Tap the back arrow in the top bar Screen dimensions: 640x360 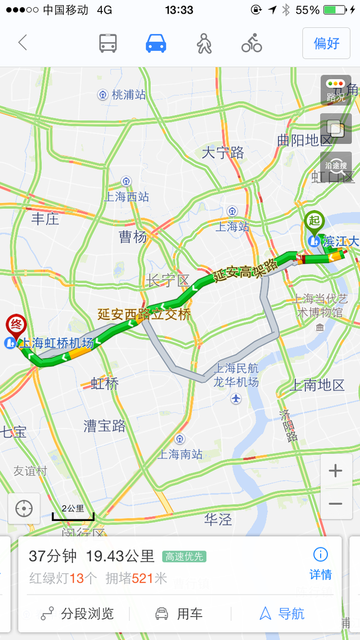pyautogui.click(x=22, y=43)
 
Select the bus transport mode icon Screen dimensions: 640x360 pyautogui.click(x=108, y=43)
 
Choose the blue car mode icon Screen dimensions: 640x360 pyautogui.click(x=156, y=43)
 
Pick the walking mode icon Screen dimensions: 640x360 pyautogui.click(x=204, y=43)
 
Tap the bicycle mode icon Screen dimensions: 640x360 pyautogui.click(x=251, y=43)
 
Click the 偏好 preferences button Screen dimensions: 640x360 pyautogui.click(x=326, y=43)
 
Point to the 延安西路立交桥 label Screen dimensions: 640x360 pyautogui.click(x=144, y=314)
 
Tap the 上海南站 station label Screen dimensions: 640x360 pyautogui.click(x=180, y=453)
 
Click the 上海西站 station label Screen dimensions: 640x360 pyautogui.click(x=127, y=196)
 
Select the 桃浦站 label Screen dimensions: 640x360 pyautogui.click(x=129, y=95)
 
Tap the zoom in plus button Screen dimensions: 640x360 pyautogui.click(x=335, y=470)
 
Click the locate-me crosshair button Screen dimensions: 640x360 pyautogui.click(x=24, y=509)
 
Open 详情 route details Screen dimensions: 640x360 pyautogui.click(x=320, y=564)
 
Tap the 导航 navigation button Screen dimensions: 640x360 pyautogui.click(x=282, y=613)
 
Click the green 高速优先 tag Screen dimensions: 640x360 pyautogui.click(x=184, y=557)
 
